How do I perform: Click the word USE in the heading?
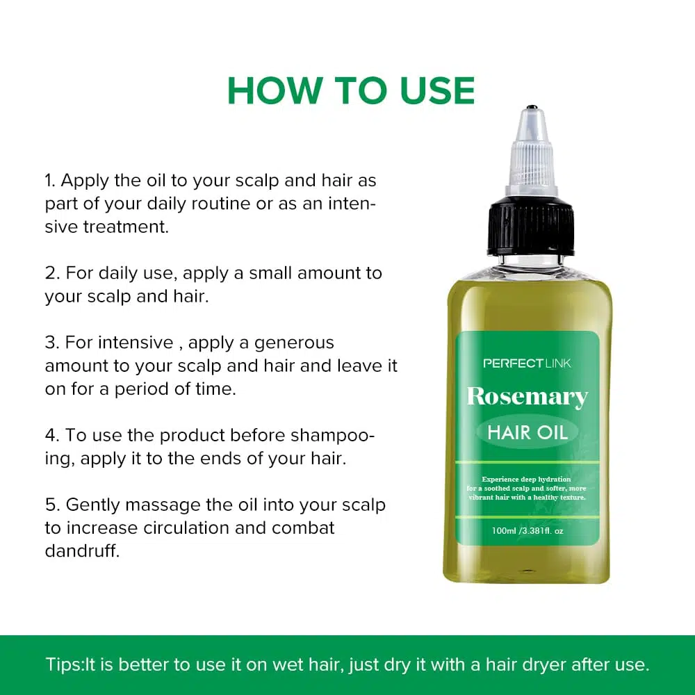click(x=437, y=91)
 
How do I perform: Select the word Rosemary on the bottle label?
click(x=528, y=397)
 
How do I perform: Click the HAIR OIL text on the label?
click(x=528, y=432)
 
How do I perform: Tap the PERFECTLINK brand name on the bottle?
click(x=527, y=363)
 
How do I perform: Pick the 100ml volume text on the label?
click(x=503, y=530)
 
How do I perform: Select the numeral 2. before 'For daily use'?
click(x=52, y=273)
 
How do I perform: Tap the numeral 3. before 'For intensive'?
click(x=52, y=343)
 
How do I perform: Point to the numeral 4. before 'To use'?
click(x=52, y=436)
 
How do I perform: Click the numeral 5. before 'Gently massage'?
click(x=52, y=505)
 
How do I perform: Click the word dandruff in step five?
click(x=82, y=551)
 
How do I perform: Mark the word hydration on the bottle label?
click(x=554, y=479)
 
